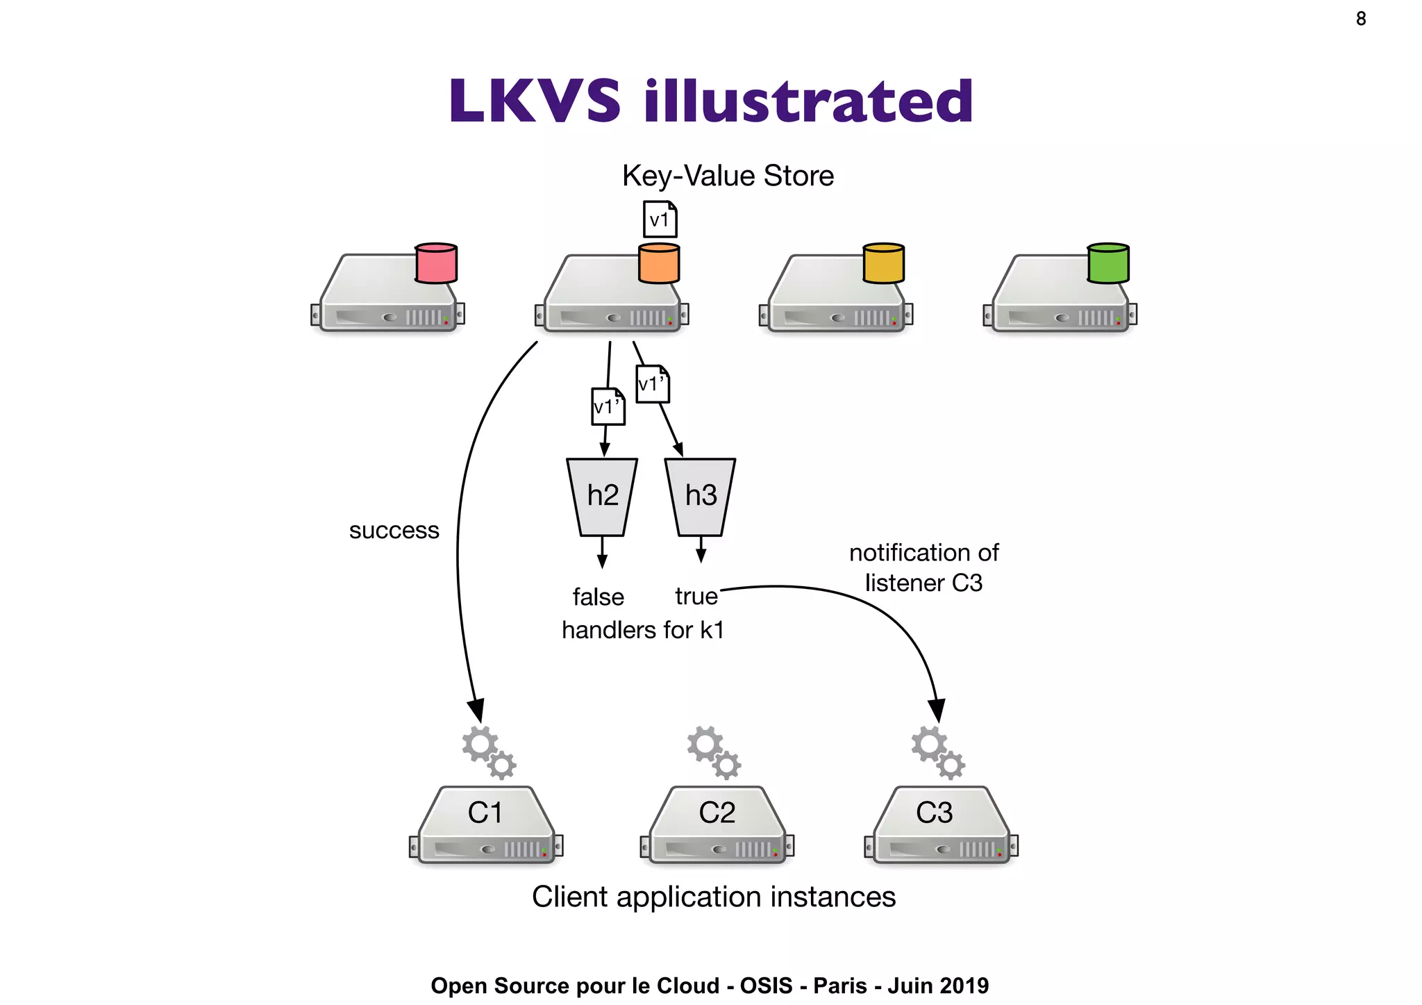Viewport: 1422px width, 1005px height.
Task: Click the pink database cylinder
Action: [x=435, y=263]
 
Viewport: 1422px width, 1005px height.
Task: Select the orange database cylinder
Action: [x=658, y=263]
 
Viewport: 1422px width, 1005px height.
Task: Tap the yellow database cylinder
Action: [x=883, y=263]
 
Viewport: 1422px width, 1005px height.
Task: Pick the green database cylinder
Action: [x=1107, y=263]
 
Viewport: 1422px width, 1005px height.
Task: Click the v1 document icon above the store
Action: [x=660, y=219]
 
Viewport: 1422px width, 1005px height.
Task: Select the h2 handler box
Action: [x=602, y=496]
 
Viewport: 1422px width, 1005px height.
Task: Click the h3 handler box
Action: [x=700, y=496]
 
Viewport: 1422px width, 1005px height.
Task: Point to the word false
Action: [x=598, y=597]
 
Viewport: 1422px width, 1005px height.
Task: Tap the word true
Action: [x=696, y=596]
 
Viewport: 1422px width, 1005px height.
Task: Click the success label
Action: [x=394, y=531]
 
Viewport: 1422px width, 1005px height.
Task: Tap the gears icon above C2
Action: [x=714, y=752]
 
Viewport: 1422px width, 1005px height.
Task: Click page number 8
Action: [x=1360, y=19]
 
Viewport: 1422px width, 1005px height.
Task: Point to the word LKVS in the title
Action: [x=534, y=101]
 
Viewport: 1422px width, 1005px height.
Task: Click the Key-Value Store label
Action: [x=727, y=176]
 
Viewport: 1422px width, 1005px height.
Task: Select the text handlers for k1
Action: [x=643, y=630]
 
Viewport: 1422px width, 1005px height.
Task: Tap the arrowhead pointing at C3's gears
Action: [x=936, y=712]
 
